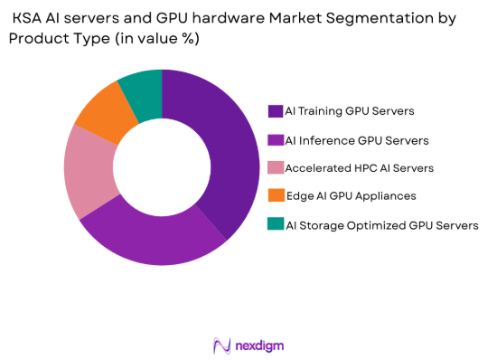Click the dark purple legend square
tap(275, 111)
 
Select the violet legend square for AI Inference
tap(275, 140)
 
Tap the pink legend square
tap(275, 168)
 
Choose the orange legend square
tap(275, 196)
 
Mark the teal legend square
tap(275, 225)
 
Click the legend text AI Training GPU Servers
tap(350, 111)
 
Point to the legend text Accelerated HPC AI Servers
tap(359, 168)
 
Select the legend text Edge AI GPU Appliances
tap(352, 196)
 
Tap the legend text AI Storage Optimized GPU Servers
tap(381, 225)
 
